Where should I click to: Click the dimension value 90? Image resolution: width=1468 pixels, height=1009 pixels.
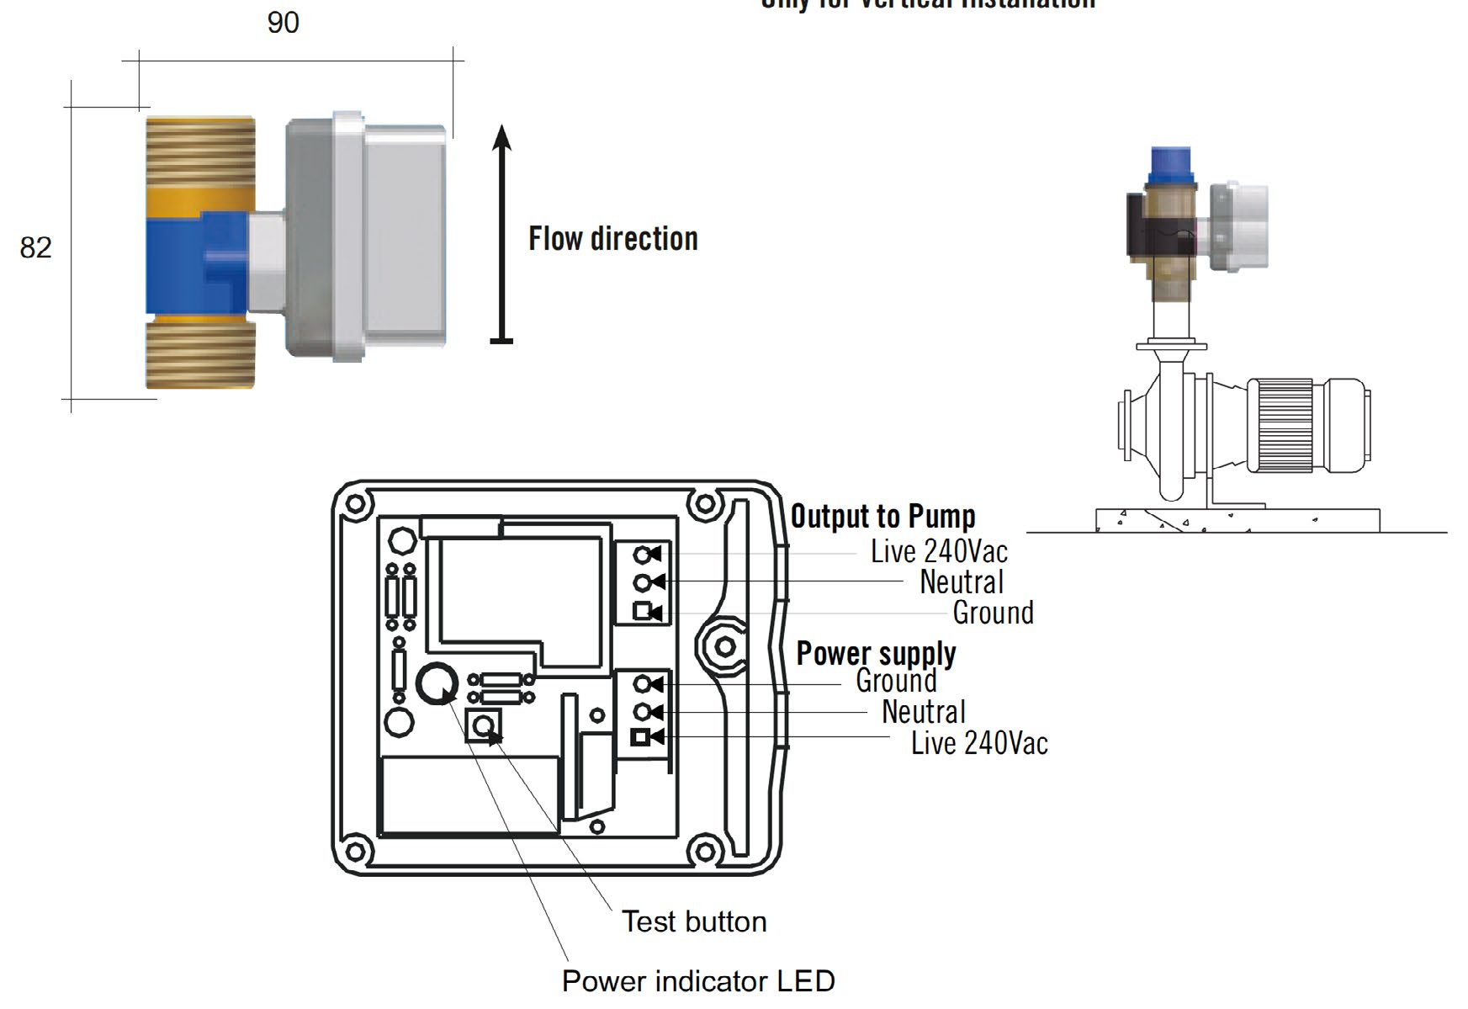coord(283,23)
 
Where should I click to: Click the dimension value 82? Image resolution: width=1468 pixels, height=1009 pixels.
coord(35,247)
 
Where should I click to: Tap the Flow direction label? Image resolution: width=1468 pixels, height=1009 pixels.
coord(612,239)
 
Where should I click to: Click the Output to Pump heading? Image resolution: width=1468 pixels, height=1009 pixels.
coord(882,516)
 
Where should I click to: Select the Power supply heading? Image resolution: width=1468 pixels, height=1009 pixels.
coord(876,653)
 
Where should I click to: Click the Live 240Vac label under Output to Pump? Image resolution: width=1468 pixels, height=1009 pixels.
coord(938,552)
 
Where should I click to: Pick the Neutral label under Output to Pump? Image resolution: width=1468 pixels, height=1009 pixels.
coord(961,582)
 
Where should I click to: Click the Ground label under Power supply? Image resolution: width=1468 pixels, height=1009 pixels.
coord(895,681)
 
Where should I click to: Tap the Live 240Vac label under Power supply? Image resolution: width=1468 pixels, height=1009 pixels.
coord(979,743)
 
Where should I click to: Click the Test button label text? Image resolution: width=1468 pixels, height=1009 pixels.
coord(694,921)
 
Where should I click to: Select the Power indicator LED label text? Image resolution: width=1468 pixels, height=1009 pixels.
coord(697,981)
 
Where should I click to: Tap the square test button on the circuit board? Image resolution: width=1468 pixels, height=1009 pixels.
coord(483,726)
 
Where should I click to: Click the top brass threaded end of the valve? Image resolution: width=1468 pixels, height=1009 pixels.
coord(200,151)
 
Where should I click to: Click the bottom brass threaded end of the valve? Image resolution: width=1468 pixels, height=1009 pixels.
coord(200,353)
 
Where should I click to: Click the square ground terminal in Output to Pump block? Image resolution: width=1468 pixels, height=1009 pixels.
coord(643,611)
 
